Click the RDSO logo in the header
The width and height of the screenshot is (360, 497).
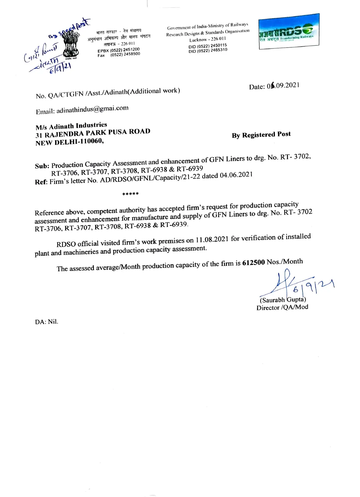pos(288,31)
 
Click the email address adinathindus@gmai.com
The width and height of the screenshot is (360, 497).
pos(92,110)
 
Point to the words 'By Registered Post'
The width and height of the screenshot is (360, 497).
pos(261,135)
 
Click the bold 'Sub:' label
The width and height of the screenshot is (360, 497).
pos(42,166)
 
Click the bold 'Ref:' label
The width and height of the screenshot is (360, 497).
pos(41,182)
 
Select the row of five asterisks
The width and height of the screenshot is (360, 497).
pos(131,194)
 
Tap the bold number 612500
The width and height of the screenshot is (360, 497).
pos(253,262)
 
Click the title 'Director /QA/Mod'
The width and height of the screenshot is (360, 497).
pos(282,307)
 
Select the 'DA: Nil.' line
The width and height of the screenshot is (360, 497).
pos(47,322)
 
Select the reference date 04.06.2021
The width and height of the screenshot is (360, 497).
pos(236,175)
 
